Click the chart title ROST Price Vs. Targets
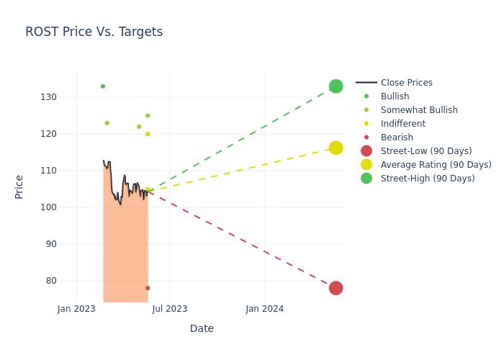[94, 32]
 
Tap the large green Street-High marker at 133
[336, 86]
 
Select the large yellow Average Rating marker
[336, 148]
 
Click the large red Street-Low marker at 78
[336, 288]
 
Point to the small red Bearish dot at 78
[148, 288]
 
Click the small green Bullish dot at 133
[103, 86]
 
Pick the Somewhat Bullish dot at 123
[107, 123]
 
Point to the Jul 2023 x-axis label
[170, 309]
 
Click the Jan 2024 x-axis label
[264, 309]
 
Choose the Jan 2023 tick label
[76, 309]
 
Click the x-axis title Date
[202, 328]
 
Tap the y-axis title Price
[19, 186]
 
